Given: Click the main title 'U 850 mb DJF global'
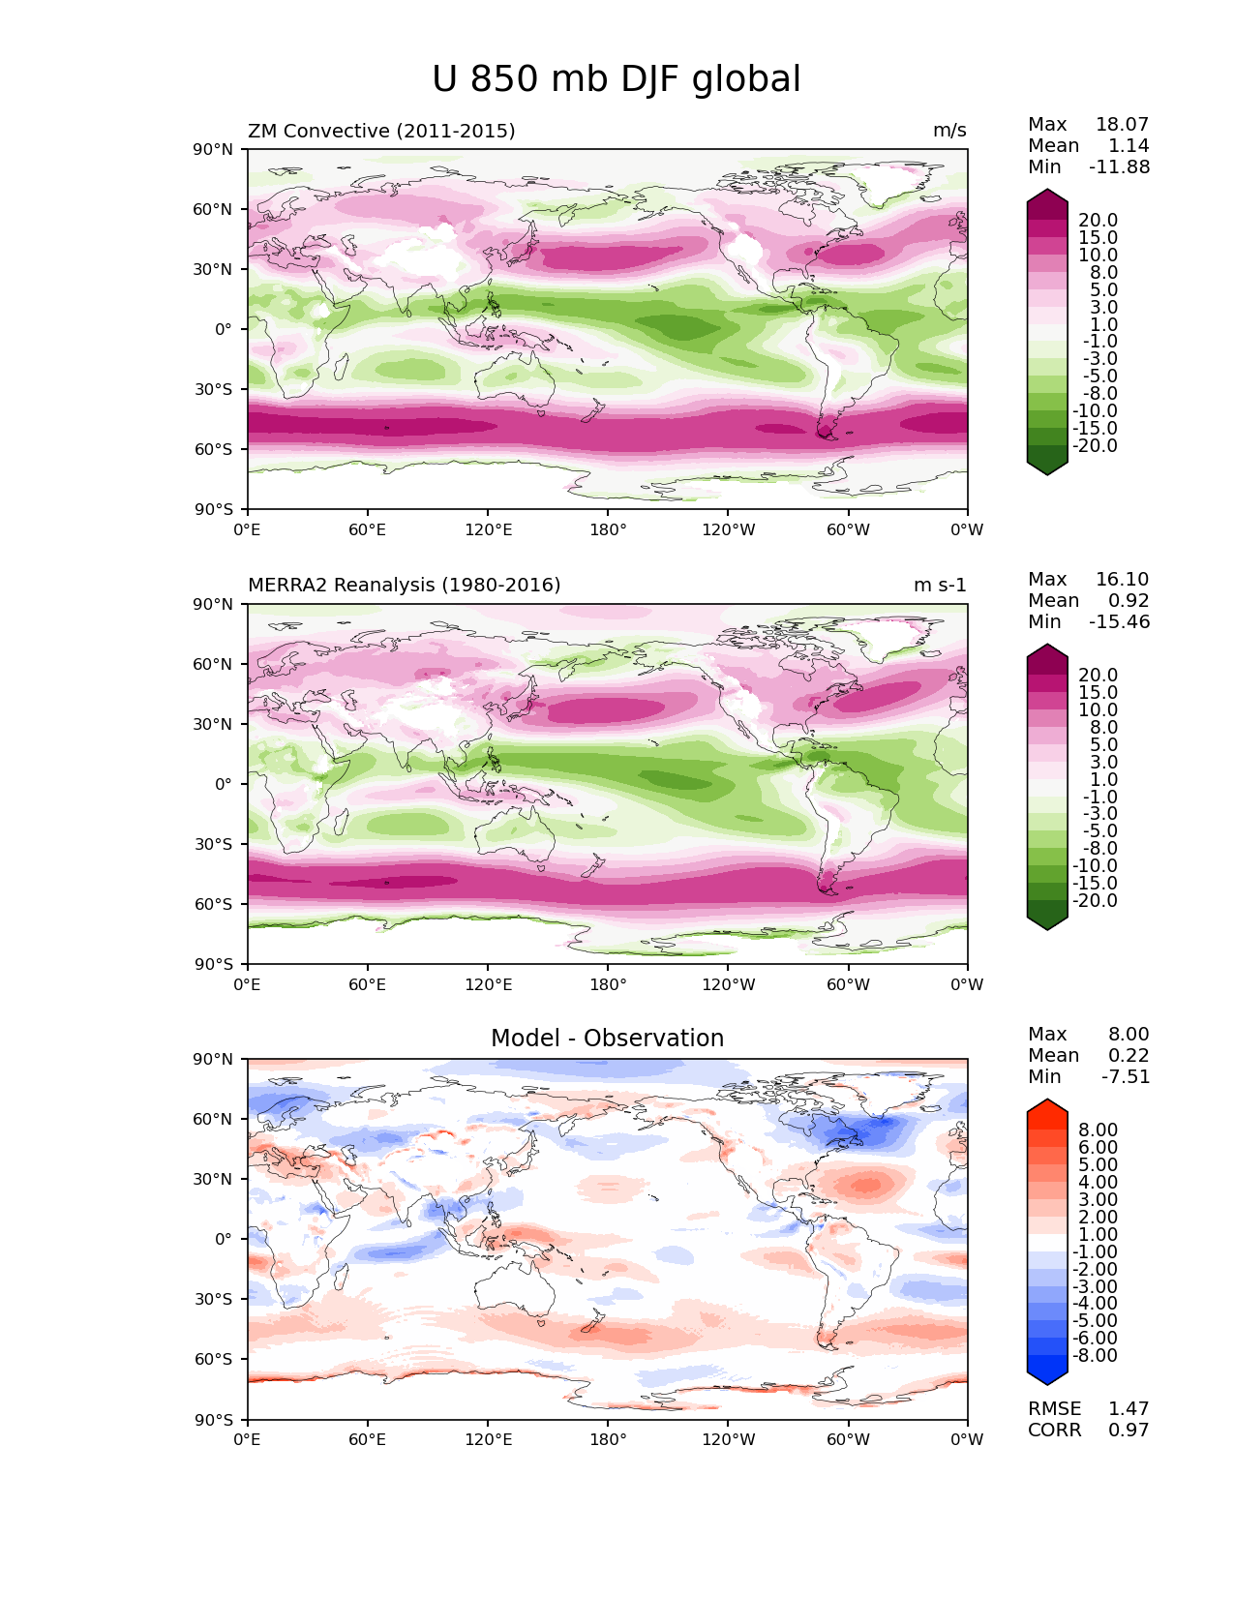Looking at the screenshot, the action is click(x=616, y=79).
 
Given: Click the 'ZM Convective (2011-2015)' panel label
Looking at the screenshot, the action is click(x=381, y=131).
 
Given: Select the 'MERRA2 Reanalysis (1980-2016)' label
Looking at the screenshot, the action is click(x=405, y=585).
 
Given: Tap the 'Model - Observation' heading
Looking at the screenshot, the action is click(x=607, y=1038).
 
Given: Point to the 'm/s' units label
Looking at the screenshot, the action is click(x=949, y=131).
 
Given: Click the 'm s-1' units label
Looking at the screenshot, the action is click(x=940, y=585).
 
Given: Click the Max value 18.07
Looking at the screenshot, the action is click(x=1122, y=124).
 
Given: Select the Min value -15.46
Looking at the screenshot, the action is click(x=1120, y=621).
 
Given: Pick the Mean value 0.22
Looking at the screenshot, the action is click(x=1129, y=1055).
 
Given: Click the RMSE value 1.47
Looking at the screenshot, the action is click(x=1129, y=1408).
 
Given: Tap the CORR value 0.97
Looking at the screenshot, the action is click(x=1129, y=1430).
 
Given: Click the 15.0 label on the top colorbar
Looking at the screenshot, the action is click(x=1099, y=237).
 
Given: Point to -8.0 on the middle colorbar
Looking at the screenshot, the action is click(x=1100, y=848).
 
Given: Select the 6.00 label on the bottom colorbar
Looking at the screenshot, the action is click(x=1099, y=1147).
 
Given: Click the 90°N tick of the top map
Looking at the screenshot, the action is click(x=213, y=149).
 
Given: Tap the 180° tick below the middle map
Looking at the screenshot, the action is click(x=608, y=984).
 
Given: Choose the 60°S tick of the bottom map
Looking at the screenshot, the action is click(x=214, y=1359).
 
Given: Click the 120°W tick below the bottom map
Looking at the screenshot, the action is click(x=729, y=1439).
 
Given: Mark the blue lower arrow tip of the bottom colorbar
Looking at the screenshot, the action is click(x=1046, y=1384).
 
